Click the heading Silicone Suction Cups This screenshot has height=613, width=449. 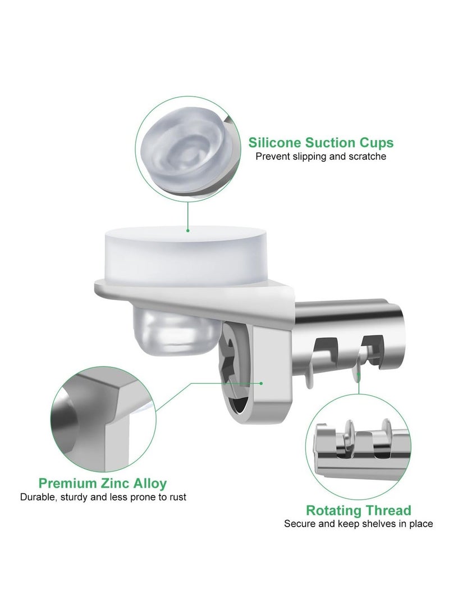click(x=322, y=142)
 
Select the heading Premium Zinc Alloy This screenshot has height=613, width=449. click(x=102, y=483)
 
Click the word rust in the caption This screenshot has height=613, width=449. click(x=177, y=497)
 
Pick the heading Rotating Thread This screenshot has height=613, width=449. click(x=358, y=511)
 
